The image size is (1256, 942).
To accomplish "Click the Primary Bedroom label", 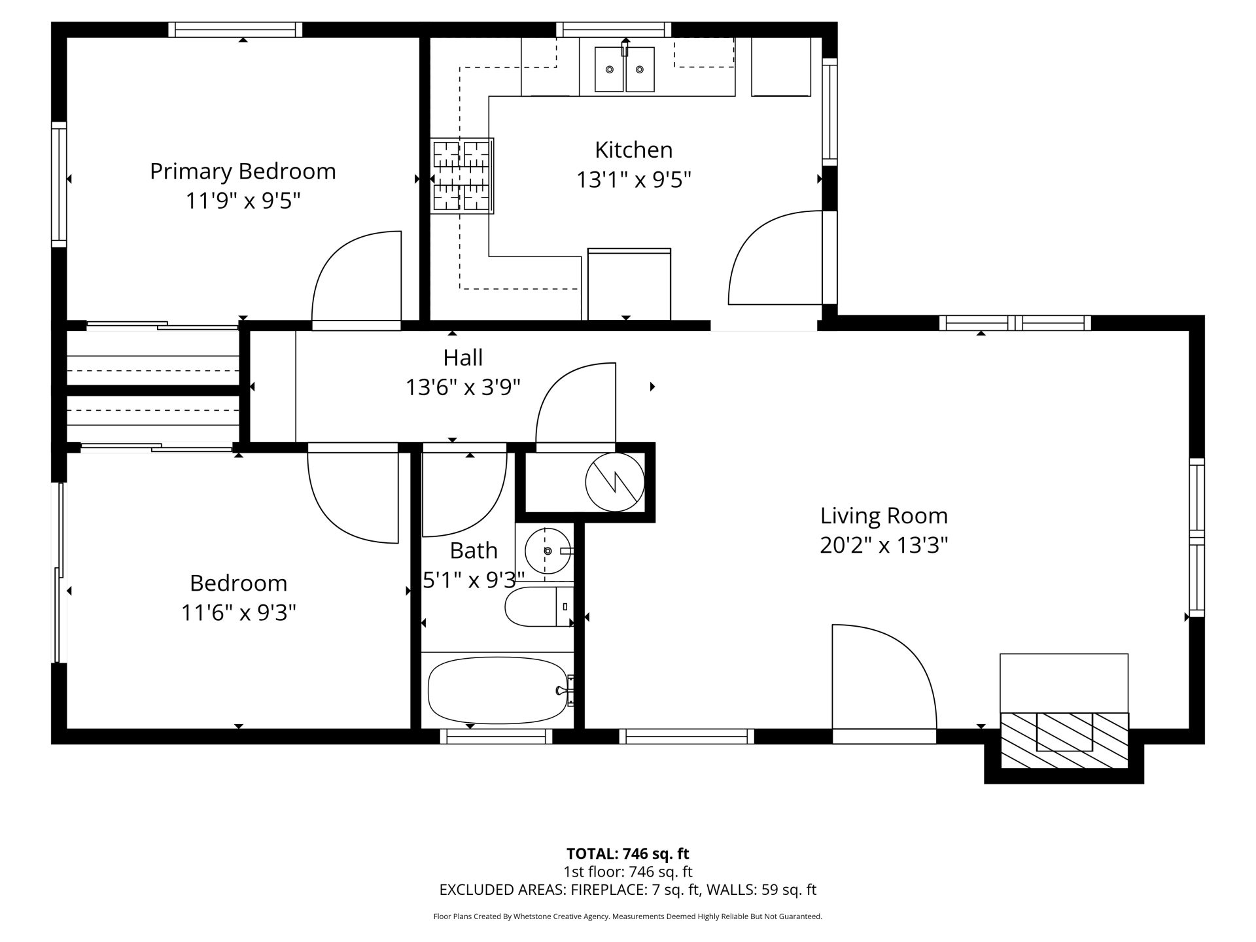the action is (x=243, y=171).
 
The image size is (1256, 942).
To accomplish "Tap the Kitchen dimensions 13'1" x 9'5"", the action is (x=633, y=179).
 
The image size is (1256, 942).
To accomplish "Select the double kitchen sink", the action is (x=625, y=69).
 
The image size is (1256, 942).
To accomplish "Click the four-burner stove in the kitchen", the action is (x=462, y=175).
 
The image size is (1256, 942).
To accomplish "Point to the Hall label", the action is (x=463, y=358).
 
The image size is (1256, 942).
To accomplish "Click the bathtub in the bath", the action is (x=498, y=690).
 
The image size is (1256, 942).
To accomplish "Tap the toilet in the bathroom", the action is (x=539, y=606).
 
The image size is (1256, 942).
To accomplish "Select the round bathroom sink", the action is (x=547, y=551).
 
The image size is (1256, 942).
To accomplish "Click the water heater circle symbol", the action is (x=615, y=483).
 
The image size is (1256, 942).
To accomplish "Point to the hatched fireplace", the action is (x=1064, y=741).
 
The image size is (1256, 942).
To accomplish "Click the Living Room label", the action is (x=884, y=516).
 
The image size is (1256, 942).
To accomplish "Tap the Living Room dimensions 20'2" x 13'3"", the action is (x=884, y=546).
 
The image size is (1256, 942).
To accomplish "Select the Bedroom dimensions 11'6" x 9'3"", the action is (x=239, y=613).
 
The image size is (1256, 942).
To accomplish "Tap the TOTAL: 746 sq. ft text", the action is (x=627, y=854).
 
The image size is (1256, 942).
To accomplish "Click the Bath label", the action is (x=474, y=551).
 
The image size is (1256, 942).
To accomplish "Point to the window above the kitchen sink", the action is (x=614, y=29).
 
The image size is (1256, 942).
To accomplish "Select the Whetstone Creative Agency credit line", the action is (x=627, y=916).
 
